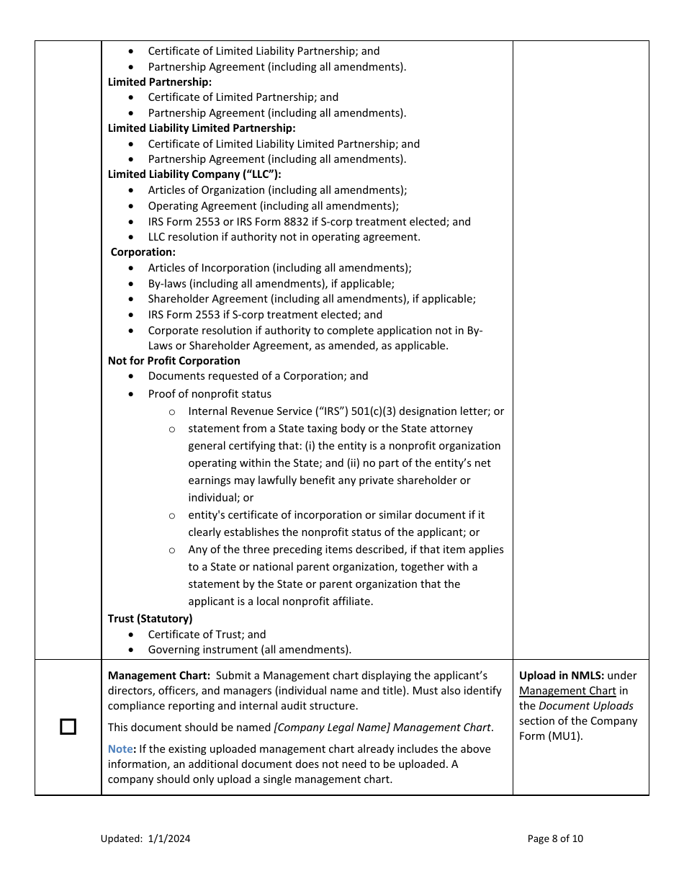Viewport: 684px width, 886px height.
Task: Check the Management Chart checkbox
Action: (68, 727)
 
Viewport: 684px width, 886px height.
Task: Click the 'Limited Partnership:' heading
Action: (160, 82)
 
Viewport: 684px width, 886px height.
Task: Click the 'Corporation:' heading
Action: (143, 252)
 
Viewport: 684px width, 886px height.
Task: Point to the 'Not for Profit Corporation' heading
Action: (174, 361)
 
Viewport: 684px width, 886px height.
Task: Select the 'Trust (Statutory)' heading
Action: (150, 619)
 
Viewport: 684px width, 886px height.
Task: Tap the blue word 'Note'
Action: (120, 749)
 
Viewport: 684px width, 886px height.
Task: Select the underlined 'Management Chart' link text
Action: (567, 691)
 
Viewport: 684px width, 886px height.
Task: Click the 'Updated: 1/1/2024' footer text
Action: (145, 838)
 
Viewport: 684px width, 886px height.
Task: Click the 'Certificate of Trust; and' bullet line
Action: (207, 635)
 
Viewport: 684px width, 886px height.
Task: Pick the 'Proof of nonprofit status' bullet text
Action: (210, 394)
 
